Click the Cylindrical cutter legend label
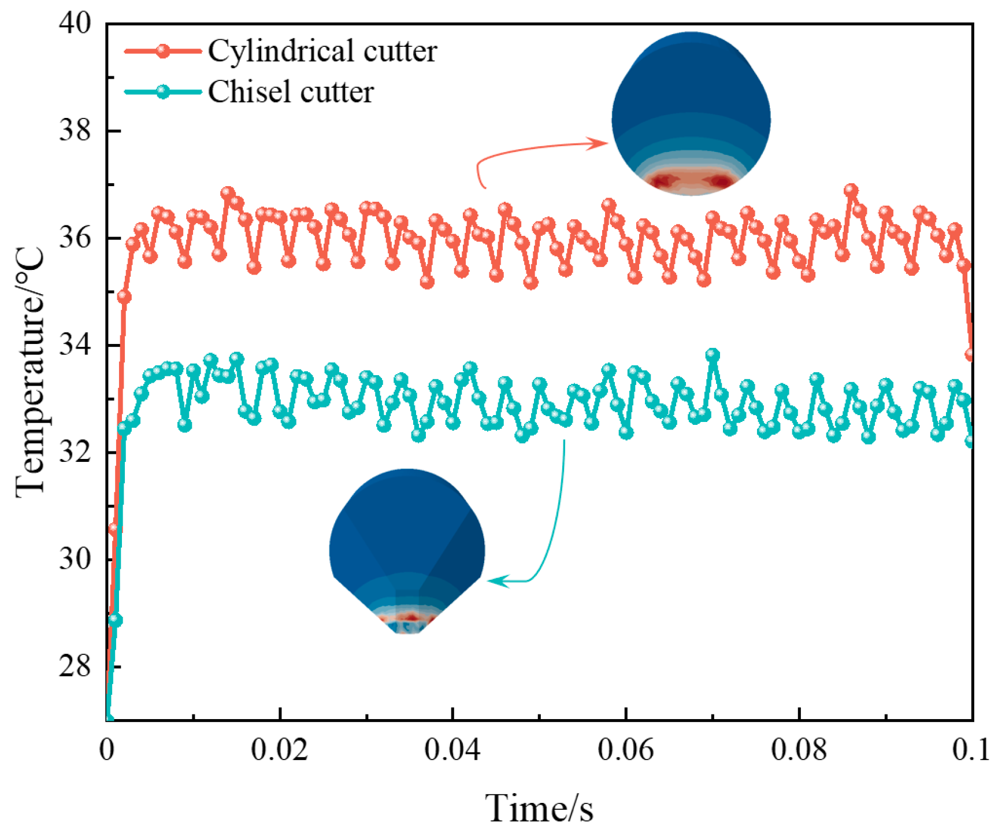[x=322, y=51]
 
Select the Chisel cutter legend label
[x=291, y=91]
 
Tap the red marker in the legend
[x=163, y=51]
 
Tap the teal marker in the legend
[x=163, y=91]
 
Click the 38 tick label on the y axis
[x=75, y=131]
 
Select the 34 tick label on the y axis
[x=75, y=345]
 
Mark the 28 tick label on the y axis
[x=75, y=666]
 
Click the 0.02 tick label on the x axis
[x=280, y=750]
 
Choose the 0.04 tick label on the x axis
[x=452, y=750]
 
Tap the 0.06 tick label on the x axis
[x=626, y=750]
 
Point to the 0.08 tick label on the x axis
[x=799, y=750]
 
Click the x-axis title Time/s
[x=539, y=808]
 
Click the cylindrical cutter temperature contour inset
[x=691, y=113]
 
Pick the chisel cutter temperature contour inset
[x=407, y=551]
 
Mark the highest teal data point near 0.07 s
[x=713, y=354]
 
